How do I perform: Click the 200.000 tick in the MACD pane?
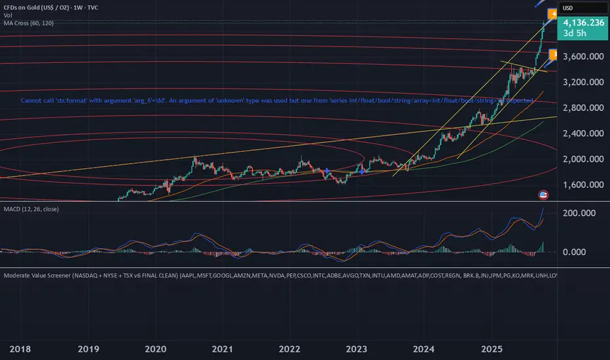tap(581, 213)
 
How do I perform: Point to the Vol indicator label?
tap(8, 15)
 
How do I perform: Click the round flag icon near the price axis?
tap(543, 194)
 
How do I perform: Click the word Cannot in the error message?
tap(33, 101)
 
